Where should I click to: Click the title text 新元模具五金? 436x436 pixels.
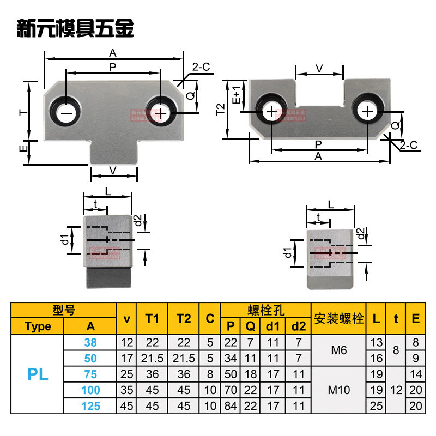76,28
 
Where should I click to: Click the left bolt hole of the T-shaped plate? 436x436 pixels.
67,113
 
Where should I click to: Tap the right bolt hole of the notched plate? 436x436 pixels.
368,111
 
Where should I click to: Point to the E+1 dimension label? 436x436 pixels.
237,94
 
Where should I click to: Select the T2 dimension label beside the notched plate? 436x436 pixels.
221,110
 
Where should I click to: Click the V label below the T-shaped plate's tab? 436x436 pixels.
113,171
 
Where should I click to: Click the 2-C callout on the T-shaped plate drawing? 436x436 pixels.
201,67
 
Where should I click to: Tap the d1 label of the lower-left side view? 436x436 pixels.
65,238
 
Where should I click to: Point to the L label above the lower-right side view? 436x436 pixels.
330,203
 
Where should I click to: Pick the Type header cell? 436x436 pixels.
38,326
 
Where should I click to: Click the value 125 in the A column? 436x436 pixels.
90,405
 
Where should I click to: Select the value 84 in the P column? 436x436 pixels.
230,405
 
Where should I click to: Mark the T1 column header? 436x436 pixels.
152,318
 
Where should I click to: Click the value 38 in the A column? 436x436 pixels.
90,342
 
